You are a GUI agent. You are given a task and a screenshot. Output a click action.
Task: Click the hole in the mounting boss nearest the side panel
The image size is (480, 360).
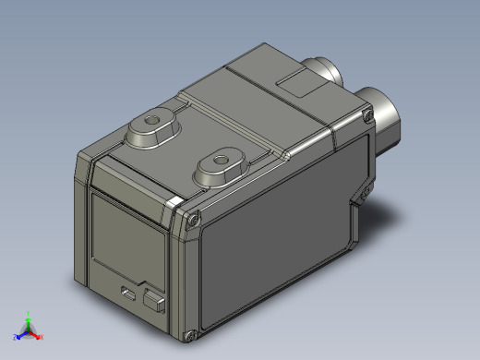(219, 159)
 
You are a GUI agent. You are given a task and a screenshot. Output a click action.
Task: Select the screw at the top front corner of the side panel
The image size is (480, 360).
(194, 219)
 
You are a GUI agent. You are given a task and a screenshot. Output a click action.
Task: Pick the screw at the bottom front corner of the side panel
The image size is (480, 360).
(192, 333)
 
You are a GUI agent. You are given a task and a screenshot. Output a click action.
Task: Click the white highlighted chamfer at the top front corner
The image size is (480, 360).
(174, 201)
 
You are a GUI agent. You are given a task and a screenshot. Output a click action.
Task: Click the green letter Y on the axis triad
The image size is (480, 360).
(29, 312)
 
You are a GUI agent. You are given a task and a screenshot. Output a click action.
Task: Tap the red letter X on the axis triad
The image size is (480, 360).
(41, 337)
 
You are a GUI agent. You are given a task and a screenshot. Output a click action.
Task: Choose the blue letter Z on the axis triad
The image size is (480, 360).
(13, 337)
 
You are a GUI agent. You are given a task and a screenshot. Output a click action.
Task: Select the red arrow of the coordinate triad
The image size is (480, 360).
(35, 333)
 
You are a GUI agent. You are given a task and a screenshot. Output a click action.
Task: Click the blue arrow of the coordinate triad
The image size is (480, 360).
(20, 333)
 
